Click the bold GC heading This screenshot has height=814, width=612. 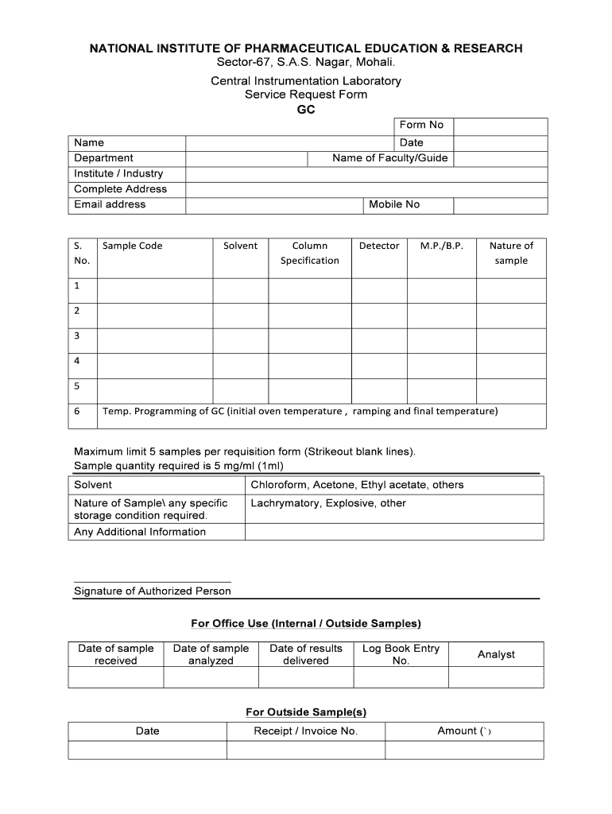tap(306, 110)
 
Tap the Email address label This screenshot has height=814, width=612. tap(110, 204)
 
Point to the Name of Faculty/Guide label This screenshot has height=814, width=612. tap(389, 158)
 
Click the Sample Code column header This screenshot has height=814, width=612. tap(132, 246)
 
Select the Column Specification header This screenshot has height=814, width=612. tap(309, 253)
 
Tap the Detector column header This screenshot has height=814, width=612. tap(379, 246)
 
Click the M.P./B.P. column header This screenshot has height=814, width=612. tap(441, 246)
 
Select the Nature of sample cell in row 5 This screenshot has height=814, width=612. tap(511, 390)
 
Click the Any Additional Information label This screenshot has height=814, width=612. tap(140, 532)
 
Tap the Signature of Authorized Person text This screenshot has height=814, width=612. tap(153, 591)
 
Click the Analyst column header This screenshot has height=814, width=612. tap(496, 654)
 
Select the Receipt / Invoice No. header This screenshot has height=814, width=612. tap(306, 731)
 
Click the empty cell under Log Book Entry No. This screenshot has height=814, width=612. tap(401, 677)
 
